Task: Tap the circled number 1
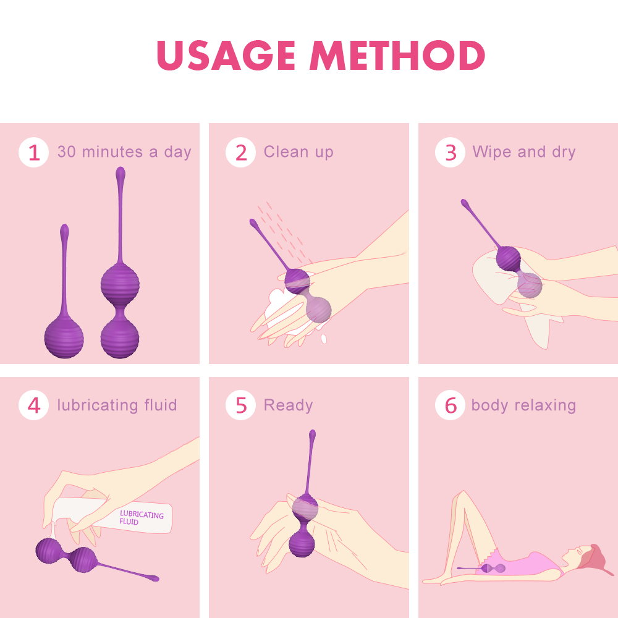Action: click(x=33, y=153)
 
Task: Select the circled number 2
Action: click(x=240, y=153)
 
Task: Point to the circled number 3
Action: click(x=450, y=153)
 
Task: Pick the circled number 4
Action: click(x=33, y=406)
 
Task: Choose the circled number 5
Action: click(x=240, y=406)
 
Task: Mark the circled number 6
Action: click(x=450, y=406)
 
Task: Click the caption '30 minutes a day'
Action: click(x=124, y=152)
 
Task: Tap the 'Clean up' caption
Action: click(x=298, y=152)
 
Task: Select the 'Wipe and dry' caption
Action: click(x=523, y=152)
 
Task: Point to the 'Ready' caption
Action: click(x=288, y=405)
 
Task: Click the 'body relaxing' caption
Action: click(x=523, y=405)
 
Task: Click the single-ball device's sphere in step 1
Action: click(x=64, y=337)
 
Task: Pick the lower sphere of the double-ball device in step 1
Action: click(x=120, y=337)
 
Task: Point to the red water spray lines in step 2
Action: click(x=281, y=229)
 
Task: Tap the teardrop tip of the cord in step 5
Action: click(x=312, y=436)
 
